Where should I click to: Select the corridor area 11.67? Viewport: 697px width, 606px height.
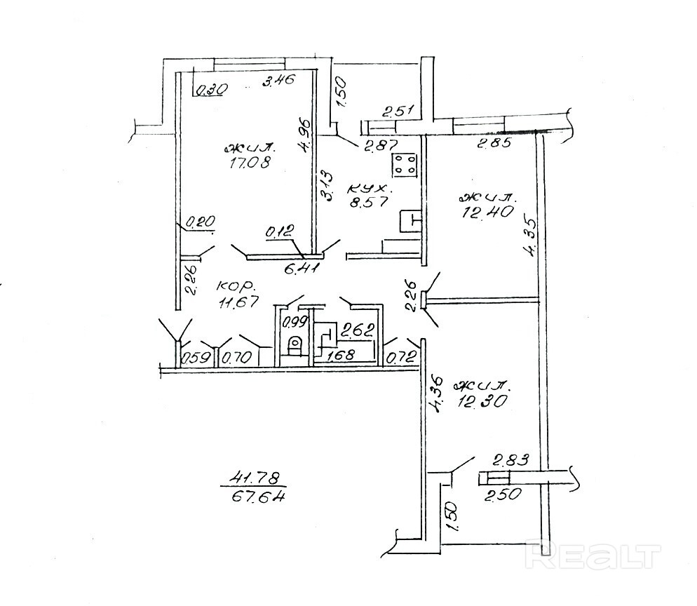(237, 302)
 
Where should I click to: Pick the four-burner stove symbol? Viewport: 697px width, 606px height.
(404, 165)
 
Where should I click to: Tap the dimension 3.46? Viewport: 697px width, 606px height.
(278, 82)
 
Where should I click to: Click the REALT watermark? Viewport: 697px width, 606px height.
(594, 556)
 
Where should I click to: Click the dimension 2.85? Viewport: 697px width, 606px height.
(494, 145)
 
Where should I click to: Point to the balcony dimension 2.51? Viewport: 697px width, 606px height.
(398, 111)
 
